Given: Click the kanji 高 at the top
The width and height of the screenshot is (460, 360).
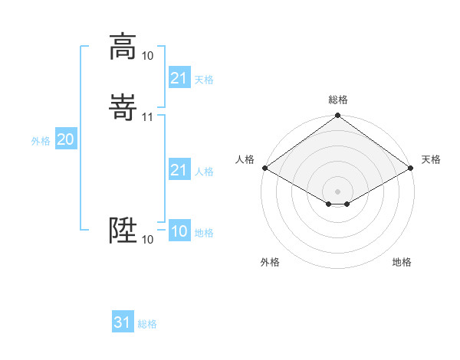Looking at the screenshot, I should (x=123, y=47).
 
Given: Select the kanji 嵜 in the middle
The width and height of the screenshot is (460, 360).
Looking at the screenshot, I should (x=123, y=107).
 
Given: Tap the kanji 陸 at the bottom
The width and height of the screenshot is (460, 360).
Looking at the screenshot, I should (x=123, y=230).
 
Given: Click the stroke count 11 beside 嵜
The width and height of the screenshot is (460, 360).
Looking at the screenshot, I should (x=148, y=116).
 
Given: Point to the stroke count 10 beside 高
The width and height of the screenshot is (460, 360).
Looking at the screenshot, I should (x=148, y=56).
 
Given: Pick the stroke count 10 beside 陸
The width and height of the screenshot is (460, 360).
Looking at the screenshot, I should (x=148, y=240).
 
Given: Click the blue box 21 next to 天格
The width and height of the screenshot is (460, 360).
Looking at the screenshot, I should (x=179, y=78).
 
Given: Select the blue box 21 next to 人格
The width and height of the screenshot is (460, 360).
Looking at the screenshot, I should (x=179, y=170).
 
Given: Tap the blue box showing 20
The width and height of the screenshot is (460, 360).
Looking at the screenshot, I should (x=66, y=139).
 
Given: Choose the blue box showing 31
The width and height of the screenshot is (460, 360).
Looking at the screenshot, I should (x=123, y=322).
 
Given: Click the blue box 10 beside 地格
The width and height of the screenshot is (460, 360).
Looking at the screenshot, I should (x=179, y=231).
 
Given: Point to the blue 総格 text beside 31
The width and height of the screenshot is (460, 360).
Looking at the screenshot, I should (x=147, y=324).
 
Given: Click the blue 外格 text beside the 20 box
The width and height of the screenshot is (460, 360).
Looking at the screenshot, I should (x=41, y=141).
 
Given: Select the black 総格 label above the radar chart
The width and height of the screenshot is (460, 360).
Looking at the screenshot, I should (x=338, y=100).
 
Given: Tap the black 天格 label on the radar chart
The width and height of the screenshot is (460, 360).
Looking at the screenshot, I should (x=431, y=159).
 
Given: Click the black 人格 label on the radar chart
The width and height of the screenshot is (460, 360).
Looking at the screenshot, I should (x=245, y=159).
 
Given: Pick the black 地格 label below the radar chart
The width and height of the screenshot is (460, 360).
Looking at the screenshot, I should (x=402, y=262).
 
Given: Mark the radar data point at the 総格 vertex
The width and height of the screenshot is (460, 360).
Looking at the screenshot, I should (x=338, y=116).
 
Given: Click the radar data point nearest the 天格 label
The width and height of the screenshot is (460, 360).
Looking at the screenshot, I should (x=412, y=168).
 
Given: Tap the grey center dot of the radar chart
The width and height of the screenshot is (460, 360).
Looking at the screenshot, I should (x=338, y=191).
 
